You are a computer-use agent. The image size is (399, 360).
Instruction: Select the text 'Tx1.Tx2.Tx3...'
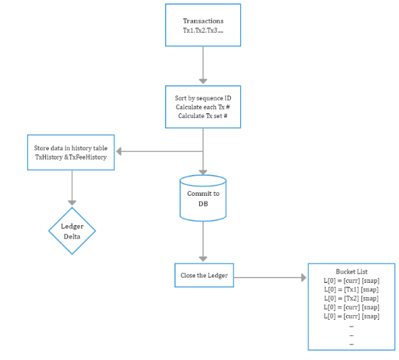tap(203, 31)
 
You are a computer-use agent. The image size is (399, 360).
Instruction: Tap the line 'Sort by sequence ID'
tap(203, 98)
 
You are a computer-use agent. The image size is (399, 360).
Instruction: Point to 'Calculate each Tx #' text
tap(203, 107)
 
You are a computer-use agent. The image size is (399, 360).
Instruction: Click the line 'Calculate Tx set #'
tap(203, 116)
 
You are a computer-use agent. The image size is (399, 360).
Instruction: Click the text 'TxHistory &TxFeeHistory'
tap(70, 158)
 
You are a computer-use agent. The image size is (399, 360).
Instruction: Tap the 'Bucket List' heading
tap(351, 272)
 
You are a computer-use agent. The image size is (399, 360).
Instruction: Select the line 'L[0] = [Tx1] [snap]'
tap(351, 290)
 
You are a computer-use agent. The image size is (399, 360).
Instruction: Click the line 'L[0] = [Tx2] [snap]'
tap(351, 298)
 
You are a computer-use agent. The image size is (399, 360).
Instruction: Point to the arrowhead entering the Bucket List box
tap(304, 278)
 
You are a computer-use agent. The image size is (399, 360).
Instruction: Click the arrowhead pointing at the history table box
tap(119, 152)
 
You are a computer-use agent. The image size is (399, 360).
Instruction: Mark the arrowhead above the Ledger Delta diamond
tap(72, 202)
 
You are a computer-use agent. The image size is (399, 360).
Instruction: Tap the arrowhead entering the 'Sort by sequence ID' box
tap(203, 81)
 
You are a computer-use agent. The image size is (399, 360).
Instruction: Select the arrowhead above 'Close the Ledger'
tap(203, 259)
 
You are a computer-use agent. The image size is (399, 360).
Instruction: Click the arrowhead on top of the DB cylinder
tap(203, 172)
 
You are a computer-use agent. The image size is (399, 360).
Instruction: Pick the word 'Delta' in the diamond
tap(72, 237)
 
